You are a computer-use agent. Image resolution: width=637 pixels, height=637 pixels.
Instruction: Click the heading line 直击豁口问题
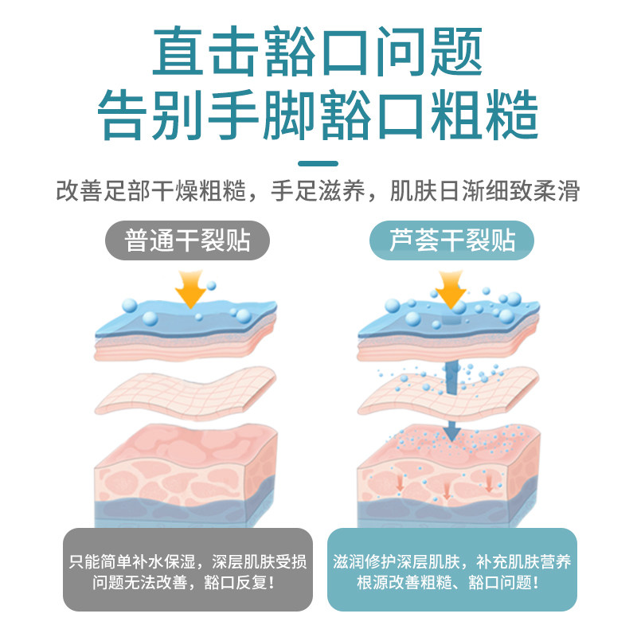pyautogui.click(x=318, y=51)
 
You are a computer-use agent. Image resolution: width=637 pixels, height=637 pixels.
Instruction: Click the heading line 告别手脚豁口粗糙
pyautogui.click(x=318, y=115)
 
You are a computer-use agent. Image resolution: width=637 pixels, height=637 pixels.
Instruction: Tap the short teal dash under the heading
pyautogui.click(x=318, y=163)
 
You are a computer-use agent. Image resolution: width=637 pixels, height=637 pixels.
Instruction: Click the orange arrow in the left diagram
pyautogui.click(x=190, y=291)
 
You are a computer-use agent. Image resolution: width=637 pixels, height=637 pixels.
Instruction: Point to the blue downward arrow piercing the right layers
pyautogui.click(x=453, y=398)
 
